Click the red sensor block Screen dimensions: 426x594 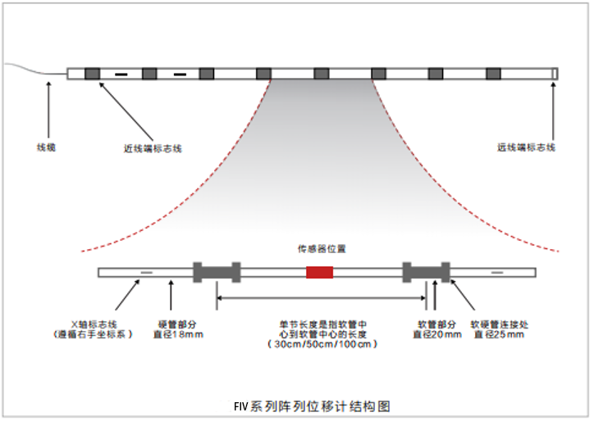(x=319, y=273)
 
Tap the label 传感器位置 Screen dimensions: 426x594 (x=320, y=247)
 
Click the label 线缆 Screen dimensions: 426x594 (x=46, y=147)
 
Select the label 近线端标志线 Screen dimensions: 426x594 (x=153, y=148)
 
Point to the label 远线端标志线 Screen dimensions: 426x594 (x=527, y=147)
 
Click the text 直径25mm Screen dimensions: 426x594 (x=502, y=334)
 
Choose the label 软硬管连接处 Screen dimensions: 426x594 (x=501, y=324)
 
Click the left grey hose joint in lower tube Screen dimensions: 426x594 (x=217, y=272)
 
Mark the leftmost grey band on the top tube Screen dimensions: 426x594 (x=92, y=74)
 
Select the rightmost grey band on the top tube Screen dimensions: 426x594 (x=493, y=74)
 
